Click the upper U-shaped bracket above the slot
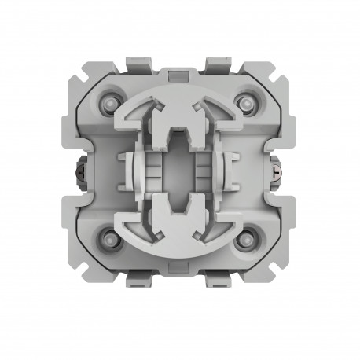tap(180, 126)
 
